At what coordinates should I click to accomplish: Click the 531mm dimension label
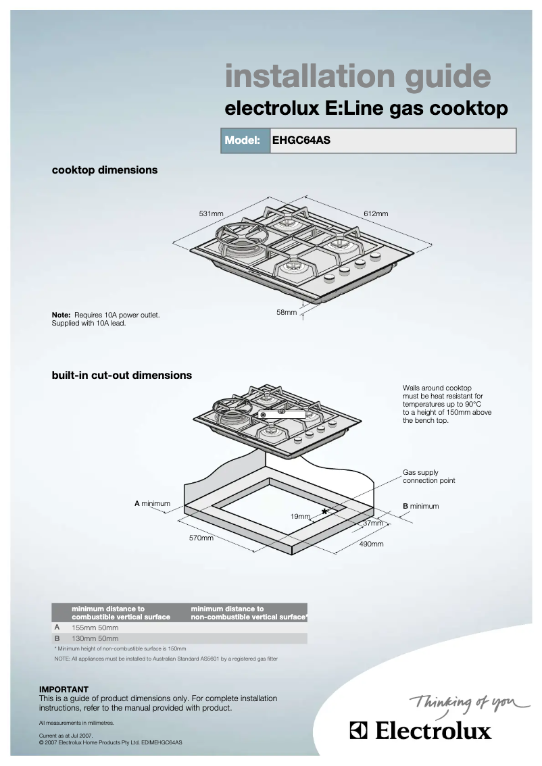point(210,214)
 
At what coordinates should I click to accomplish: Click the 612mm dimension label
point(376,214)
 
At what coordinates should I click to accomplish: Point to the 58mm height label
point(287,313)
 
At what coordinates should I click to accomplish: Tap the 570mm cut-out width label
point(201,538)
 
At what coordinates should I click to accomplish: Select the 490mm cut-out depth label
point(371,544)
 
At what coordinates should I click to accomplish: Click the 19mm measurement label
point(300,516)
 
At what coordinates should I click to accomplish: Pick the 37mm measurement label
point(372,524)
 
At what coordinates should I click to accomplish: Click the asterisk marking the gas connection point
point(325,512)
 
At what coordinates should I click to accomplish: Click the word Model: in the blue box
point(243,141)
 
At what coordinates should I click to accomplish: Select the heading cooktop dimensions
point(105,170)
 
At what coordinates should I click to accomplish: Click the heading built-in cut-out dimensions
point(122,376)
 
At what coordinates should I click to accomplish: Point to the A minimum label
point(152,504)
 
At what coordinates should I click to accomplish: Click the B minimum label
point(420,506)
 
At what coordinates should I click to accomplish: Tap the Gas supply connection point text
point(428,477)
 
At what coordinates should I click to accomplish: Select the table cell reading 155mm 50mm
point(95,628)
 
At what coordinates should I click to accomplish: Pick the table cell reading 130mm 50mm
point(95,638)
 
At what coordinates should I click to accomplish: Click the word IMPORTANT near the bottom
point(64,690)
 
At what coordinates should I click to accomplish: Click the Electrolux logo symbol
point(359,731)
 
